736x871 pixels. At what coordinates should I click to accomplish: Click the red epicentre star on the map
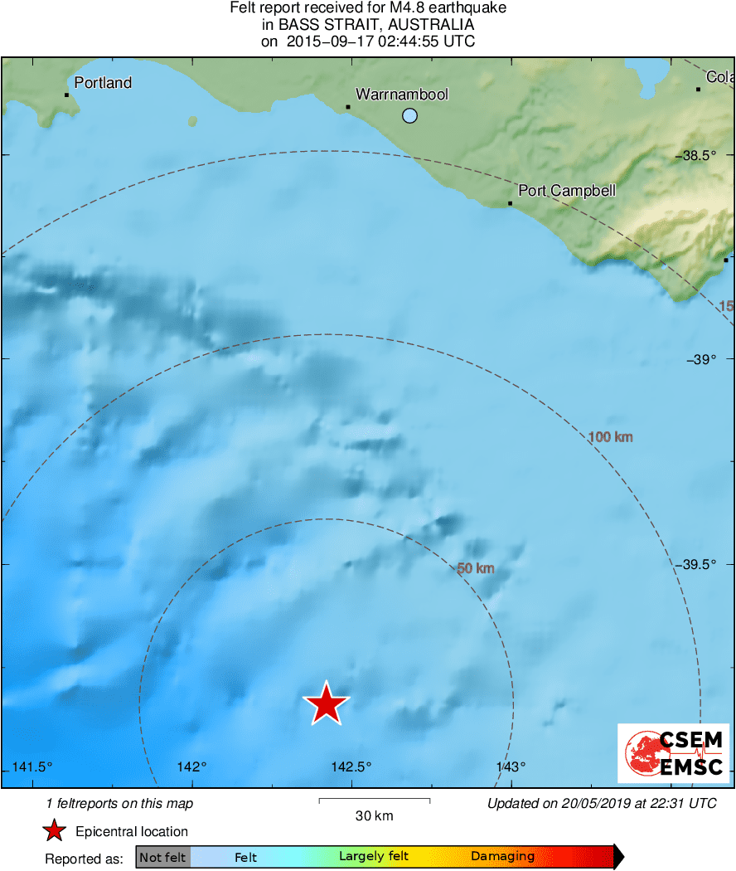coord(327,704)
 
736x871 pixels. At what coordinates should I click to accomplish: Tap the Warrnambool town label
coord(402,95)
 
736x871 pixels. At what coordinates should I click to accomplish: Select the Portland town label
coord(103,82)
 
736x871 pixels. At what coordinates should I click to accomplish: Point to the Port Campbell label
coord(567,191)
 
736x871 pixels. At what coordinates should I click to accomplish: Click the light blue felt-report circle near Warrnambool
coord(409,116)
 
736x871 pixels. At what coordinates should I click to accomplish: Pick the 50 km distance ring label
coord(476,568)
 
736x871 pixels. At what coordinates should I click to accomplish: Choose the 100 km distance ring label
coord(610,436)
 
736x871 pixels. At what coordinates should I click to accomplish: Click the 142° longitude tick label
coord(191,766)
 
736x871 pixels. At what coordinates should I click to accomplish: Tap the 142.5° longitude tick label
coord(351,766)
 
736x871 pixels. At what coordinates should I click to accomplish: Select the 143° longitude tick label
coord(511,766)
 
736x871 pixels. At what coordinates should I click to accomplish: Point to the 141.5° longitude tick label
coord(33,766)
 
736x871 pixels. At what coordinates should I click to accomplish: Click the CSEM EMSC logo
coord(674,752)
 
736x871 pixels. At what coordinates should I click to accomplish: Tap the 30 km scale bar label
coord(374,816)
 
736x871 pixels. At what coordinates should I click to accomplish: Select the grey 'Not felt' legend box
coord(162,857)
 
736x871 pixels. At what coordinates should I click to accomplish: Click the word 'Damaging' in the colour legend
coord(502,857)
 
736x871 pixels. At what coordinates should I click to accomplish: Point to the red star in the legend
coord(55,831)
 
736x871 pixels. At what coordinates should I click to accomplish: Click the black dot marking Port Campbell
coord(510,203)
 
